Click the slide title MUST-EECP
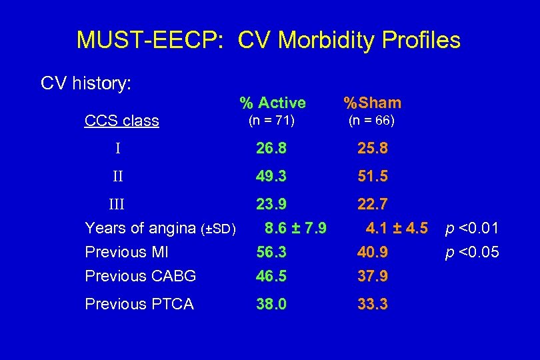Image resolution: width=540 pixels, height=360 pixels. click(268, 40)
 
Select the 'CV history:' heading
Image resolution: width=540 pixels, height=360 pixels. click(86, 83)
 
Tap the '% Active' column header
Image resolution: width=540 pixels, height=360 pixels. click(273, 103)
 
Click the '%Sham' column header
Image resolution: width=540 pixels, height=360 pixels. click(372, 103)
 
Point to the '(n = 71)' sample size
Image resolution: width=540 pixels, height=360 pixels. click(271, 121)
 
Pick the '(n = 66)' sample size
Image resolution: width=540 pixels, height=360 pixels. click(371, 121)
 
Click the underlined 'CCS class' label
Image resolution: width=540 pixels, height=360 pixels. click(121, 121)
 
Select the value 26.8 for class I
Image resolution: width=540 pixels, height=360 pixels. click(271, 148)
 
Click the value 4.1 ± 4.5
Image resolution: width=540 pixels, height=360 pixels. click(397, 229)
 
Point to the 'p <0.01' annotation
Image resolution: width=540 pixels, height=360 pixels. click(471, 229)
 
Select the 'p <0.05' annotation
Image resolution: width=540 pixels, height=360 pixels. click(471, 253)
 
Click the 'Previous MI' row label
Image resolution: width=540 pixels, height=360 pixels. click(126, 253)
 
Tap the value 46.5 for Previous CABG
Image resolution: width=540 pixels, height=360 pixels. click(271, 276)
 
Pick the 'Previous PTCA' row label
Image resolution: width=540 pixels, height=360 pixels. click(139, 305)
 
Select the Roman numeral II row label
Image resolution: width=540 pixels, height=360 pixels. click(117, 177)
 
